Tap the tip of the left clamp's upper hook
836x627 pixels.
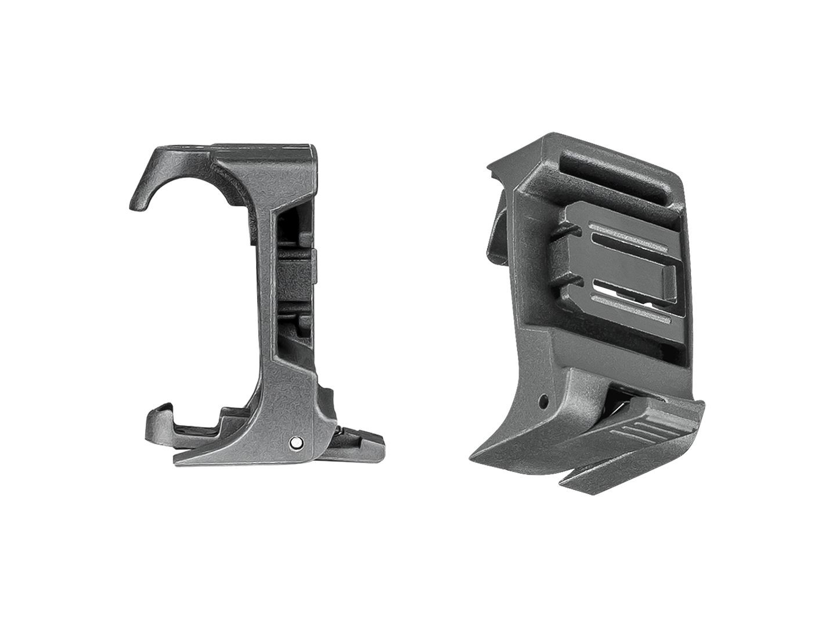click(x=135, y=206)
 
